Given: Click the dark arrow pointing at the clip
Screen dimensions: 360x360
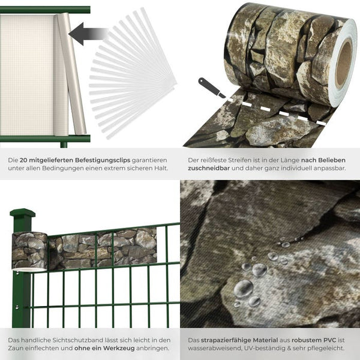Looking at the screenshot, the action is [x=88, y=34].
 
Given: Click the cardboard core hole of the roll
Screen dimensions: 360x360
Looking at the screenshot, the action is [x=344, y=65].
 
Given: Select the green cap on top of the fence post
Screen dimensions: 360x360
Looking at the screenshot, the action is [x=23, y=213].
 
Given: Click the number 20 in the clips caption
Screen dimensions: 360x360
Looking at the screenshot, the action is [x=23, y=160].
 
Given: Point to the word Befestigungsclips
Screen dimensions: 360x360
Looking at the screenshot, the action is [x=103, y=160].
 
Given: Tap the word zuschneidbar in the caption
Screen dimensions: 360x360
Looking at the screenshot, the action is [x=209, y=168].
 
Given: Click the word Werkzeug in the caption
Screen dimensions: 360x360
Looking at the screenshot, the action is [x=119, y=348].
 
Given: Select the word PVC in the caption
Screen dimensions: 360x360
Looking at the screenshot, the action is [x=330, y=340].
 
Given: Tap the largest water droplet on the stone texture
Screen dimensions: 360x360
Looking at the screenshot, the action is [x=244, y=289].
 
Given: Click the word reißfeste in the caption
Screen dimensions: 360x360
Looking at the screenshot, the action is [x=213, y=160].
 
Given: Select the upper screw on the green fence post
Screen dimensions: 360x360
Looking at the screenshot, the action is [x=17, y=273].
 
